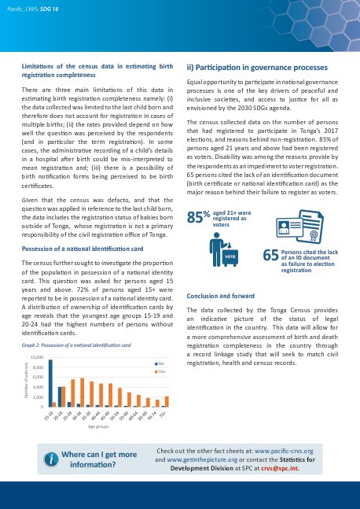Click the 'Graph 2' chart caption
[75, 345]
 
